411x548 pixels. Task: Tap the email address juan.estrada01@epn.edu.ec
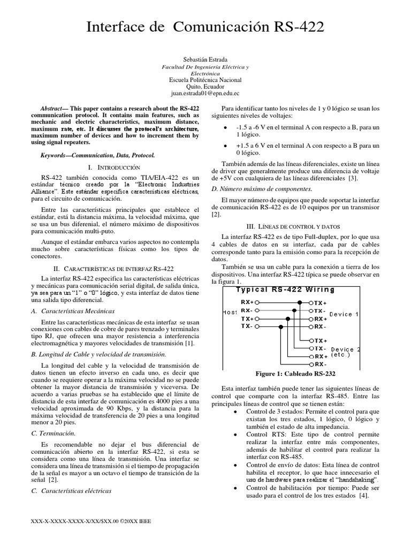click(205, 93)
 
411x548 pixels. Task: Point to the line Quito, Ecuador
click(205, 86)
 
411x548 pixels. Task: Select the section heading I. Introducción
click(113, 168)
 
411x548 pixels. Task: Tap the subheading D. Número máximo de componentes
click(262, 188)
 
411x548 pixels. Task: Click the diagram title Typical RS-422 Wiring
click(285, 290)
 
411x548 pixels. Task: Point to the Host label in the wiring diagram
click(230, 312)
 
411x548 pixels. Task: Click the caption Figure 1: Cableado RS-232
click(296, 374)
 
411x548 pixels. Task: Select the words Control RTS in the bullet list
click(264, 435)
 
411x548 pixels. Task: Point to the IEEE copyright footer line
click(92, 521)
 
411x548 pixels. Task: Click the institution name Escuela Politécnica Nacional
click(205, 79)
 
